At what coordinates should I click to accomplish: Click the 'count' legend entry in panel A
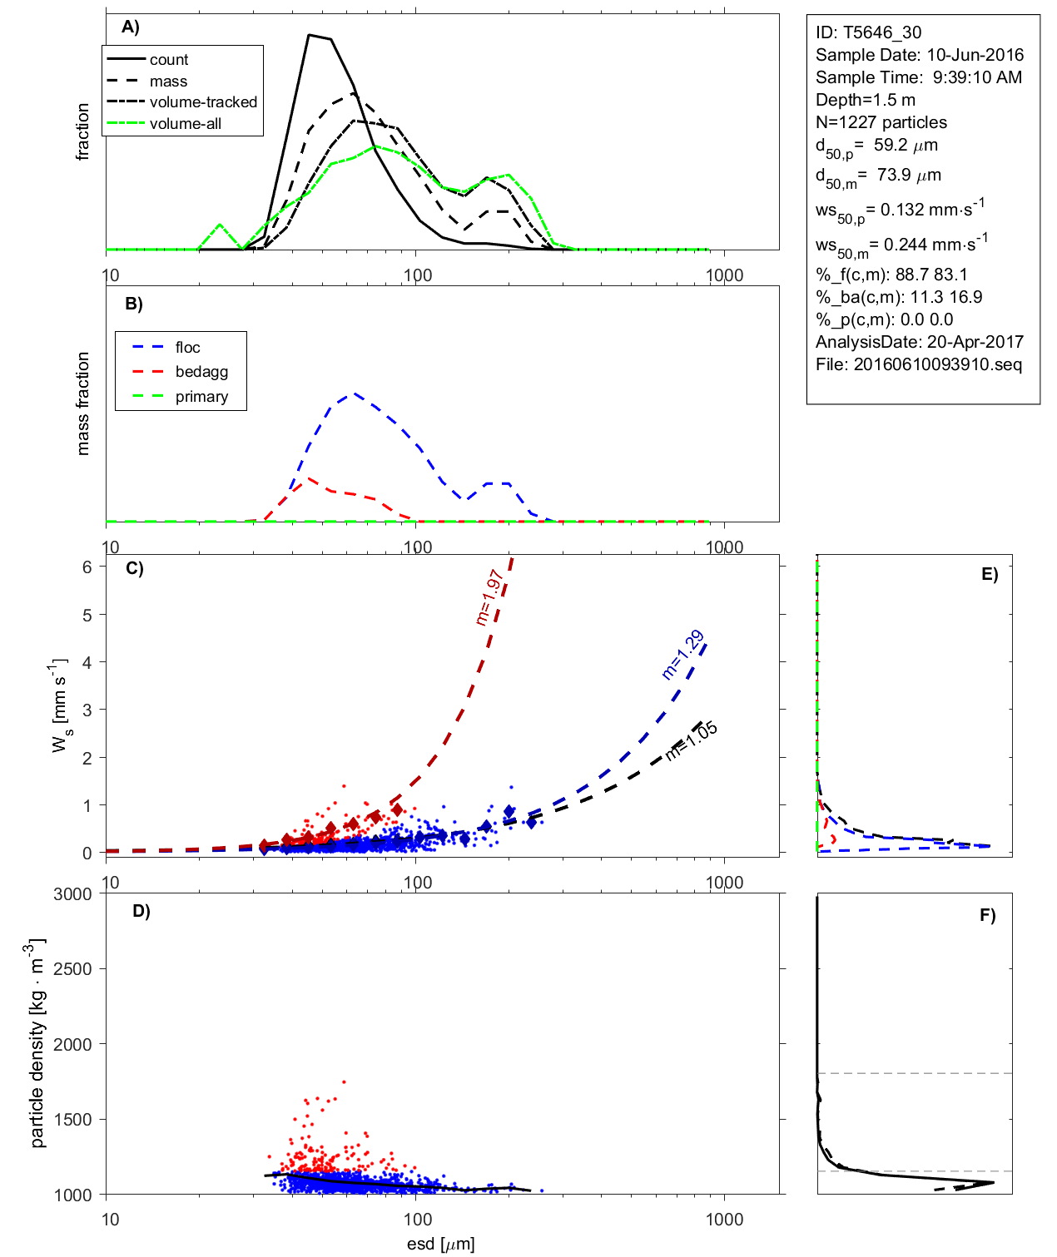pyautogui.click(x=169, y=60)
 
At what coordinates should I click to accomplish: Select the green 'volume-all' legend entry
pyautogui.click(x=185, y=124)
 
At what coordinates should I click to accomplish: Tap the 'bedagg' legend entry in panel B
pyautogui.click(x=201, y=372)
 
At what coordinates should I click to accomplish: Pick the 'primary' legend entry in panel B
pyautogui.click(x=201, y=397)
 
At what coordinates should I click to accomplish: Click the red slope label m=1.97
pyautogui.click(x=489, y=596)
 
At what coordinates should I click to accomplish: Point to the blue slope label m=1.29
pyautogui.click(x=683, y=656)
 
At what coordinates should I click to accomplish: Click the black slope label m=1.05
pyautogui.click(x=692, y=741)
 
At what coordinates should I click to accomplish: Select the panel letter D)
pyautogui.click(x=141, y=911)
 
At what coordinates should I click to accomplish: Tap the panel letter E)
pyautogui.click(x=989, y=574)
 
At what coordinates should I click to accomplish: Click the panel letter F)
pyautogui.click(x=987, y=915)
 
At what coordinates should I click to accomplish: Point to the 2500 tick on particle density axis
pyautogui.click(x=72, y=969)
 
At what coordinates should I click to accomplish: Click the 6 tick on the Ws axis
pyautogui.click(x=87, y=567)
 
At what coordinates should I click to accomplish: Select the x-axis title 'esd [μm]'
pyautogui.click(x=440, y=1245)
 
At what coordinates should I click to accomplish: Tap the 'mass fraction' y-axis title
pyautogui.click(x=83, y=403)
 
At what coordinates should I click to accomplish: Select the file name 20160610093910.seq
pyautogui.click(x=937, y=364)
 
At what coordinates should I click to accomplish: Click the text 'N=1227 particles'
pyautogui.click(x=881, y=122)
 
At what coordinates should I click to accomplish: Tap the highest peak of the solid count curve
pyautogui.click(x=309, y=35)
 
